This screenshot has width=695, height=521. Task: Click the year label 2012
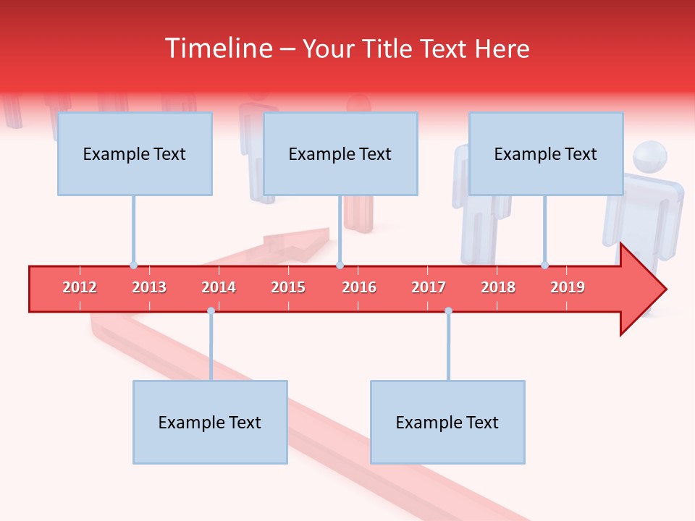[x=80, y=287]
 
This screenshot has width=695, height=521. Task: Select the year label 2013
[x=149, y=287]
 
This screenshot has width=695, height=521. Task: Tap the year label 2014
[x=219, y=287]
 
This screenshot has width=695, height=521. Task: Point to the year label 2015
[x=288, y=287]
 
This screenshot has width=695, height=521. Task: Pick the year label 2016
[x=359, y=287]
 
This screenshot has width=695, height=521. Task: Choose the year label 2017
[x=429, y=287]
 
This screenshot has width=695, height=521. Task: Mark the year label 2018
[x=498, y=287]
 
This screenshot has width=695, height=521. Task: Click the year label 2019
[x=568, y=287]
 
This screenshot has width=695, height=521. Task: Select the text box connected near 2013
[x=135, y=153]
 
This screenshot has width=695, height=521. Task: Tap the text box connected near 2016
[x=340, y=153]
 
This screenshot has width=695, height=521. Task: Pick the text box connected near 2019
[x=546, y=153]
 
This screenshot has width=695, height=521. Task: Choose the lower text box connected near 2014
[x=210, y=422]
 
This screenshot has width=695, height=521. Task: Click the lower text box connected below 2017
[x=447, y=422]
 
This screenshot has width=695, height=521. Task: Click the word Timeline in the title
[x=216, y=48]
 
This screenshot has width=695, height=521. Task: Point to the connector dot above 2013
[x=133, y=265]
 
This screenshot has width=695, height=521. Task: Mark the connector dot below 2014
[x=211, y=310]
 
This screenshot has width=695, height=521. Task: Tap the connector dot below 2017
[x=448, y=310]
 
